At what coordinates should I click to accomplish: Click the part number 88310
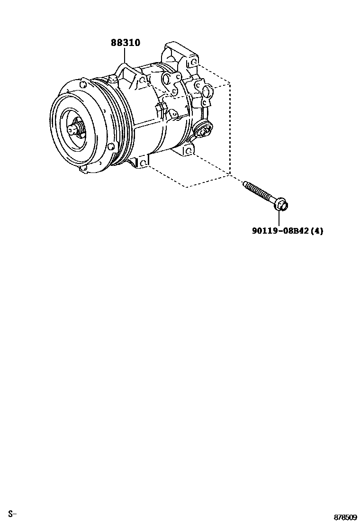pos(126,43)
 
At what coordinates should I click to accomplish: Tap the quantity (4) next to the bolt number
pos(317,231)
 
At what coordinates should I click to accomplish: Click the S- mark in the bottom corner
pos(12,514)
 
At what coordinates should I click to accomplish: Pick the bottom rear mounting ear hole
pos(188,151)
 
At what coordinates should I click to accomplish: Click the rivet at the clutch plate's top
pos(82,86)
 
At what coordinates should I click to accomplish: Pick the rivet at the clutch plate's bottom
pos(83,168)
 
